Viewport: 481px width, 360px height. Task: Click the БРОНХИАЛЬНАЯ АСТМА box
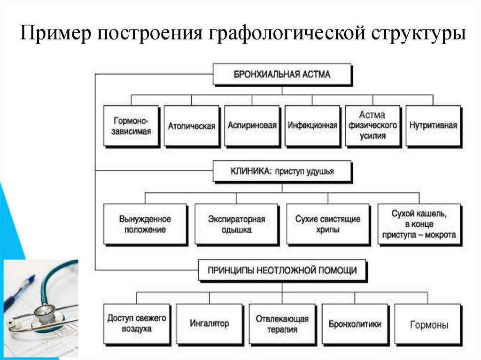[282, 74]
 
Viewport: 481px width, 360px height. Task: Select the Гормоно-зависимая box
[131, 126]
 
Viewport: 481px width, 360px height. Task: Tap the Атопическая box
[191, 126]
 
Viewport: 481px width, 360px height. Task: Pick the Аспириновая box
[252, 126]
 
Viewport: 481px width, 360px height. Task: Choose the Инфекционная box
[312, 126]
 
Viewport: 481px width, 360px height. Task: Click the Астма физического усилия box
[372, 126]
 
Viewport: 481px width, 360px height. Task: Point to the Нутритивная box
[433, 126]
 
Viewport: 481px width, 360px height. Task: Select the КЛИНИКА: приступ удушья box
[282, 171]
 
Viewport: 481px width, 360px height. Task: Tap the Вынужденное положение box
[145, 224]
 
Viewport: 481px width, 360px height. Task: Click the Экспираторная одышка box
[236, 224]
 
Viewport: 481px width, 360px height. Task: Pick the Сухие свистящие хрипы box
[328, 224]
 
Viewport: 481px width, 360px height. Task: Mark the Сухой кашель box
[419, 224]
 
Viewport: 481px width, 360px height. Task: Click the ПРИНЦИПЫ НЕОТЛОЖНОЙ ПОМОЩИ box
[282, 270]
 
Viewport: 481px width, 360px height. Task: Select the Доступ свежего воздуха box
[136, 324]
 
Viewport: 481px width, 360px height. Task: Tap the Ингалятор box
[209, 324]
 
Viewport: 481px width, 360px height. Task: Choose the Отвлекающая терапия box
[282, 324]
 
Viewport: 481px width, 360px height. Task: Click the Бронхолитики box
[355, 324]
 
